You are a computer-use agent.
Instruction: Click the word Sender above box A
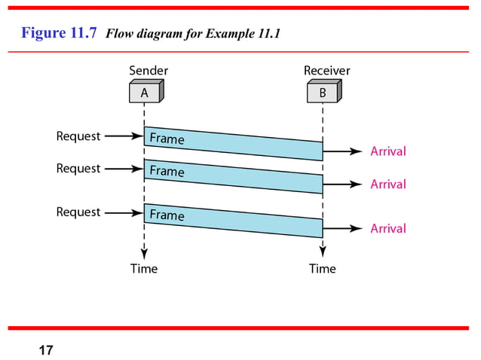coord(149,71)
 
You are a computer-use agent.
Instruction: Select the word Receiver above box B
coord(326,71)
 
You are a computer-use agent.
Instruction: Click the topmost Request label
coord(78,136)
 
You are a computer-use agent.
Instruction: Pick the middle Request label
coord(78,169)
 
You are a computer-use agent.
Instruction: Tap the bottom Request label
coord(78,212)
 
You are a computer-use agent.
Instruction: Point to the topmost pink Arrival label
coord(388,151)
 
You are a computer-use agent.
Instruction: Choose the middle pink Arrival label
coord(388,185)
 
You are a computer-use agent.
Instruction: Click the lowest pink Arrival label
coord(388,229)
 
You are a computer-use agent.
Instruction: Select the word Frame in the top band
coord(167,139)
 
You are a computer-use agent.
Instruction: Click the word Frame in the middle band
coord(167,172)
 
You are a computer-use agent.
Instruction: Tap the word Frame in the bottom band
coord(167,215)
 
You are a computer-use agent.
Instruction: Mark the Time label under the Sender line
coord(144,269)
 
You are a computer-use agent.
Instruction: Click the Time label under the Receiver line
coord(323,269)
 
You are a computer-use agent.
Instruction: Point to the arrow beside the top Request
coord(123,136)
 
